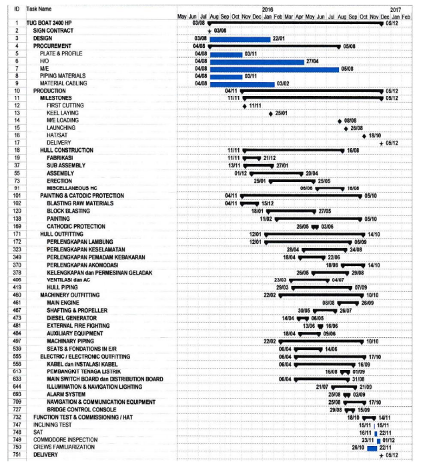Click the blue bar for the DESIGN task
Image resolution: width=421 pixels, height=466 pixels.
tap(240, 39)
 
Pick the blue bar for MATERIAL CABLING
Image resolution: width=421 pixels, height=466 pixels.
tap(242, 83)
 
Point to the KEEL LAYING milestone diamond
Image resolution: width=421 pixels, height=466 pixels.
tap(271, 113)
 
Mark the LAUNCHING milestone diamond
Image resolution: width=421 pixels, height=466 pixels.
tap(346, 128)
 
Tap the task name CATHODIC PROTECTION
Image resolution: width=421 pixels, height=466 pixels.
tap(76, 227)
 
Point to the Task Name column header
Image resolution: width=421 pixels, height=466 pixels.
tap(38, 9)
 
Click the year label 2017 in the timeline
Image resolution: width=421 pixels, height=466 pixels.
tap(395, 9)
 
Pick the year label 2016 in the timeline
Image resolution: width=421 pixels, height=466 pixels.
tap(268, 9)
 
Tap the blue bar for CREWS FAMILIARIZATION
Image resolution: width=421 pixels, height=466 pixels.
tap(372, 447)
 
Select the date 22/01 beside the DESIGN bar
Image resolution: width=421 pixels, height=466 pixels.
tap(280, 39)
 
